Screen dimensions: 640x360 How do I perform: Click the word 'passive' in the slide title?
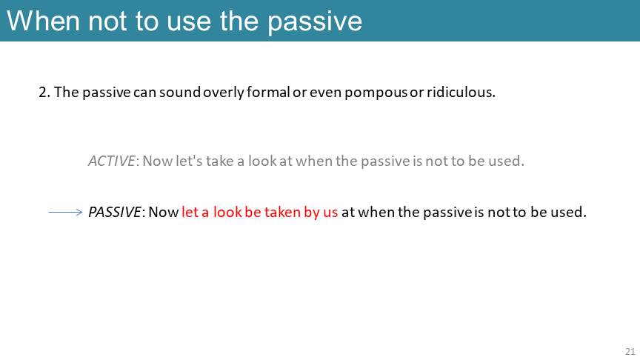(315, 22)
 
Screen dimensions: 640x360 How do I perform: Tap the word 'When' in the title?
(43, 21)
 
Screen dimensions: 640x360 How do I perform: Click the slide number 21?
(630, 351)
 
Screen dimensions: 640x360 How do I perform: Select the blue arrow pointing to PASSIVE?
(65, 212)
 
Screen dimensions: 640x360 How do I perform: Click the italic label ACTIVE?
(111, 161)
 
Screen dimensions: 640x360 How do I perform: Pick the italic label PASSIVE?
(115, 212)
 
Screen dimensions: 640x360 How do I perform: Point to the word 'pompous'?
(376, 93)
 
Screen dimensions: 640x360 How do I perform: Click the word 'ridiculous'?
(461, 92)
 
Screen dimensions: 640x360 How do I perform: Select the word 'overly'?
(224, 93)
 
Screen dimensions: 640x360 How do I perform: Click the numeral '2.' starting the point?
(44, 93)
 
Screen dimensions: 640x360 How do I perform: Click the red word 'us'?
(330, 213)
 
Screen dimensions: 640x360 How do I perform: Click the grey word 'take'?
(219, 161)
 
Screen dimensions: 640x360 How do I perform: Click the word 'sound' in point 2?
(179, 92)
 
